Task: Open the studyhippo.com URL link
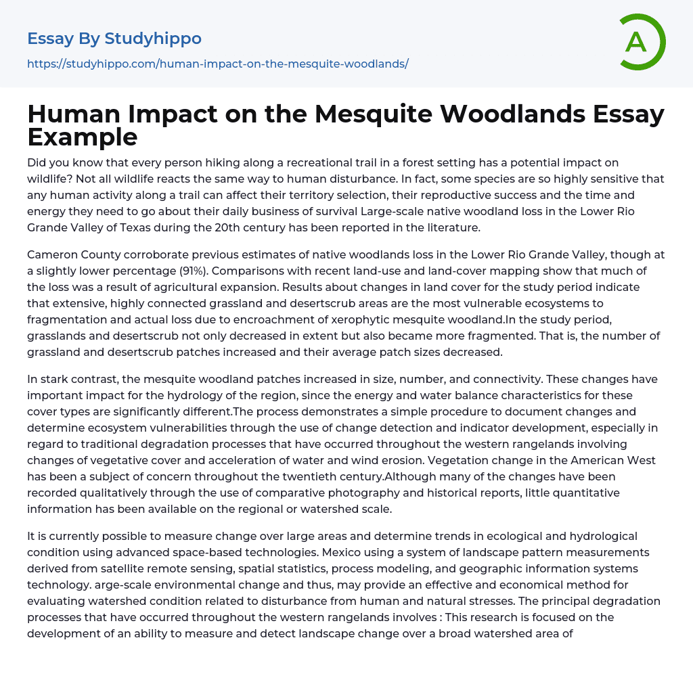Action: click(217, 64)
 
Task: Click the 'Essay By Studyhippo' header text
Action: click(114, 39)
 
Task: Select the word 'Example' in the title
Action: click(83, 137)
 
